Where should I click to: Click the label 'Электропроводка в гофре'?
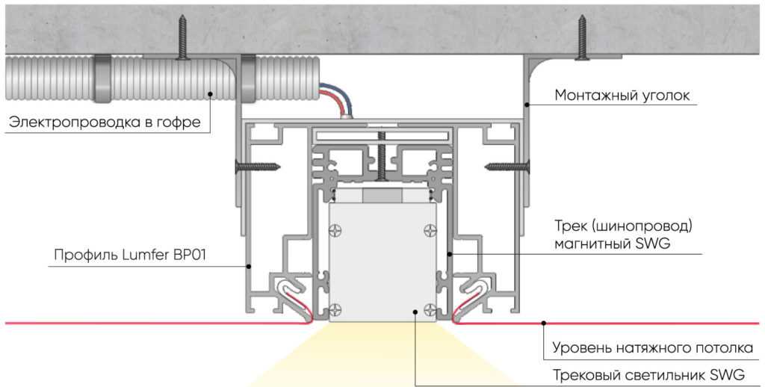[105, 123]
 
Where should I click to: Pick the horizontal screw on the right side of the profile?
[507, 166]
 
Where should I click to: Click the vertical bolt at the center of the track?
[382, 157]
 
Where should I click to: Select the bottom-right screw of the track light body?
[429, 309]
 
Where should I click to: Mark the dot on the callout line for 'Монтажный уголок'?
[527, 105]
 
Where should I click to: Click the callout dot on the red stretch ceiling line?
[543, 323]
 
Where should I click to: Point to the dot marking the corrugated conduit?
[211, 94]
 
